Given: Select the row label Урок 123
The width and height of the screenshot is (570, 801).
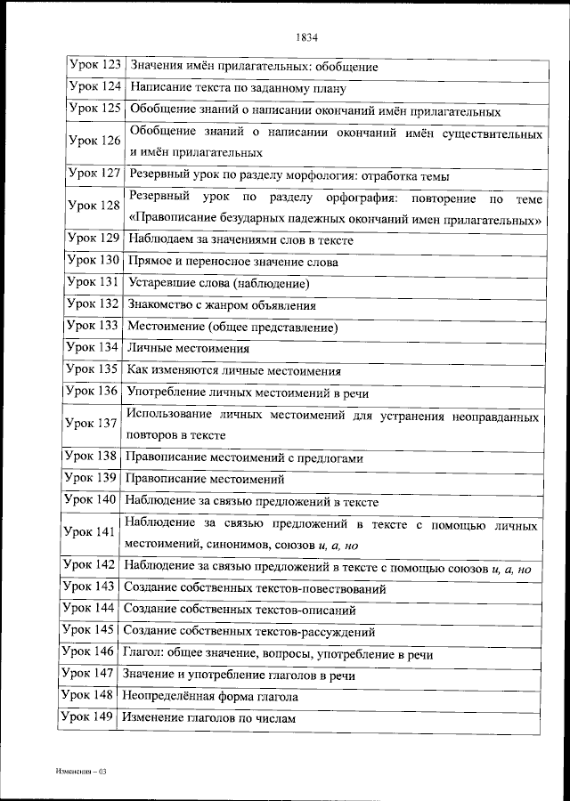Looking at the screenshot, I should pos(94,65).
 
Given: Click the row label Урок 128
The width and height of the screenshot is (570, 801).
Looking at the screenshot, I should pos(94,206).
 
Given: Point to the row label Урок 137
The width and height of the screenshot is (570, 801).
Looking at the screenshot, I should pos(92,424).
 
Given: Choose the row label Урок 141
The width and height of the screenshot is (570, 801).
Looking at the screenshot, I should pos(91,532).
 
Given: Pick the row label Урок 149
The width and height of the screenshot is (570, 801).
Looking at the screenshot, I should pos(88,717).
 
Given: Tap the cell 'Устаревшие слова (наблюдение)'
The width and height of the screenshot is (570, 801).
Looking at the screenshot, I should pos(218,284).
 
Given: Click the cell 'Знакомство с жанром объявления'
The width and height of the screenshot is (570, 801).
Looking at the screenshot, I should pos(222,305).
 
